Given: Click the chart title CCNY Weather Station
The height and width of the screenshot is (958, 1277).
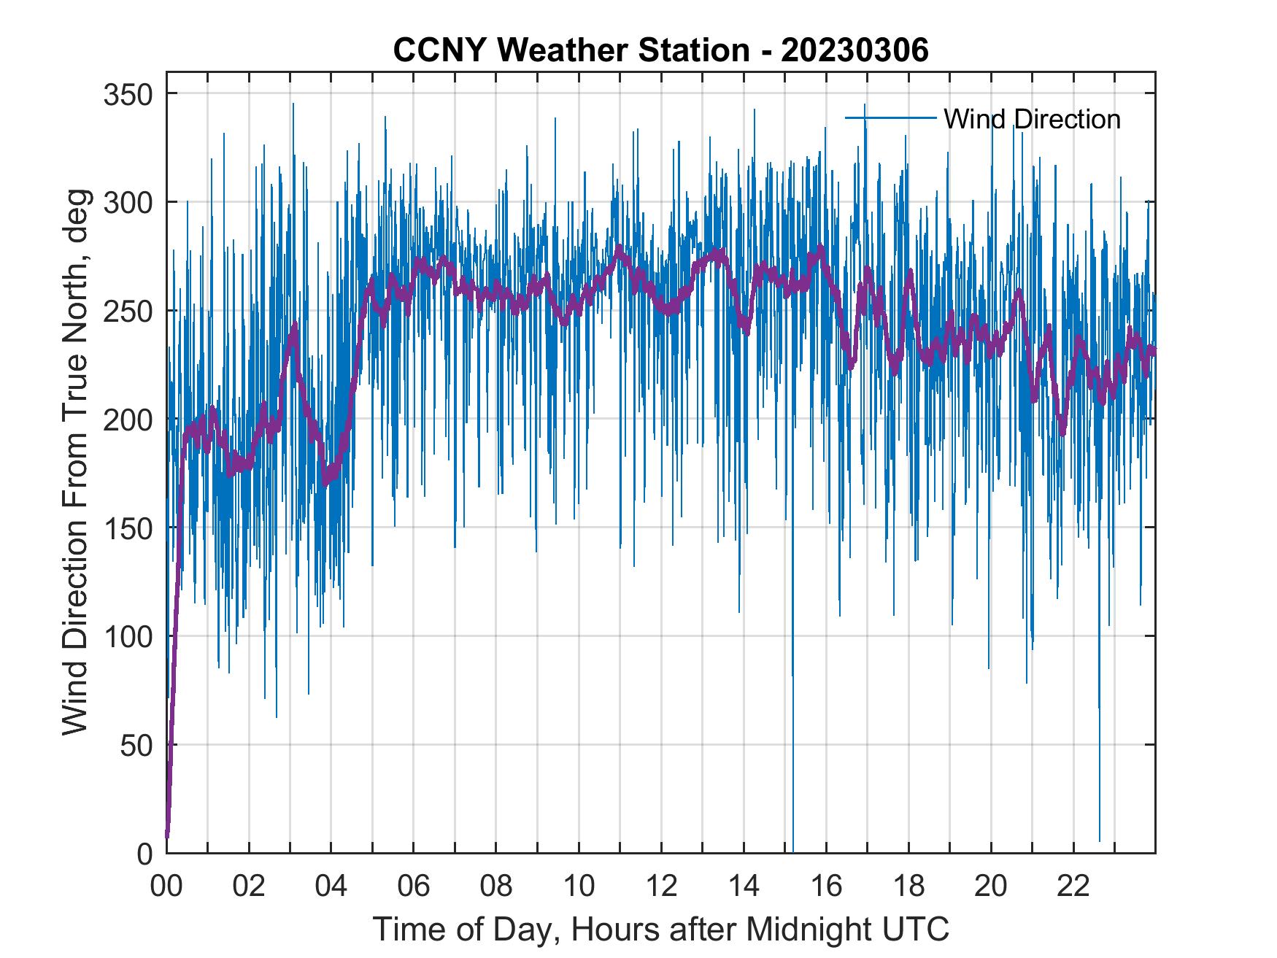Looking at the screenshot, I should [660, 50].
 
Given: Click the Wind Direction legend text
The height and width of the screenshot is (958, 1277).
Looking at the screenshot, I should [1032, 119].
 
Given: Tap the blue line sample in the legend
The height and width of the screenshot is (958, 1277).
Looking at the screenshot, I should [890, 117].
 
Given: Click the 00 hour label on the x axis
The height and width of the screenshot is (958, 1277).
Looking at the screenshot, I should [166, 887].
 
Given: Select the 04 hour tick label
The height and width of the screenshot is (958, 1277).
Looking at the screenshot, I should [331, 887].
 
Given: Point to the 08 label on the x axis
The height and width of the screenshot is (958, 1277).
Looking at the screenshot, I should [496, 887].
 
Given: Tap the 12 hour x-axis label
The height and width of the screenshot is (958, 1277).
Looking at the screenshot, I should [661, 887].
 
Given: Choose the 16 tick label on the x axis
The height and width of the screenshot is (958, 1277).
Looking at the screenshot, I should [826, 887].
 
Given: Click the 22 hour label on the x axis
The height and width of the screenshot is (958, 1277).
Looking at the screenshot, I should [1073, 887].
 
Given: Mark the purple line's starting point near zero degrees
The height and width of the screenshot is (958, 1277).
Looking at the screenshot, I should [168, 835].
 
